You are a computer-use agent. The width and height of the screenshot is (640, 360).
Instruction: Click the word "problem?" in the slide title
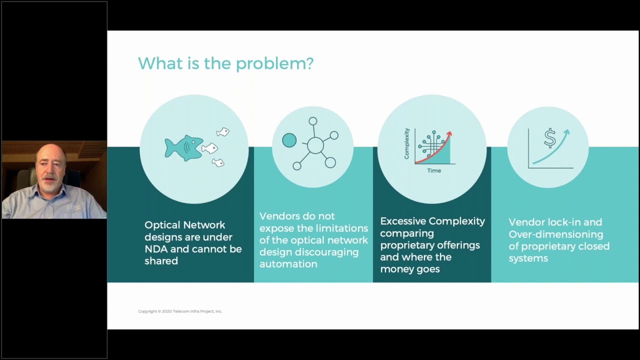click(274, 63)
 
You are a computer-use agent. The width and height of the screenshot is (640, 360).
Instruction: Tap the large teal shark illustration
click(184, 148)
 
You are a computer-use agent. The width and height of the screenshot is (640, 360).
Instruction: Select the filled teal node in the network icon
click(289, 140)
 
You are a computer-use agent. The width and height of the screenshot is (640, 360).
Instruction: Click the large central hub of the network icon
click(315, 145)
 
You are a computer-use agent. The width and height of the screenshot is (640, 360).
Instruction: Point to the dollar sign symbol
click(550, 138)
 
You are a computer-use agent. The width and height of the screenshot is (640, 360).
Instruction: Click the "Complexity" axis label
click(406, 143)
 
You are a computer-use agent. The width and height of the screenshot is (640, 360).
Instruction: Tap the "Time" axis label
click(434, 170)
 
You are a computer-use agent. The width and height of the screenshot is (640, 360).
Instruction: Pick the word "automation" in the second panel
click(288, 264)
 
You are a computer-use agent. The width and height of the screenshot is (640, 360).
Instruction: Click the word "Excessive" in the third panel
click(402, 221)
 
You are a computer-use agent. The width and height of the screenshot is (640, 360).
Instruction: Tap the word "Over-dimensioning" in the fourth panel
click(555, 234)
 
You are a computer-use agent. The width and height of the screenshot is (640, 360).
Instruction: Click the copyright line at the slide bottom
click(180, 311)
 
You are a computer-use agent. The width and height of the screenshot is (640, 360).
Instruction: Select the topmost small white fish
click(223, 131)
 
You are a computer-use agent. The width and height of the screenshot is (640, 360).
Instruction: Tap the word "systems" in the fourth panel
click(528, 258)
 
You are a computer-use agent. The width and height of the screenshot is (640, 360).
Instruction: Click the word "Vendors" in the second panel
click(279, 216)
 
